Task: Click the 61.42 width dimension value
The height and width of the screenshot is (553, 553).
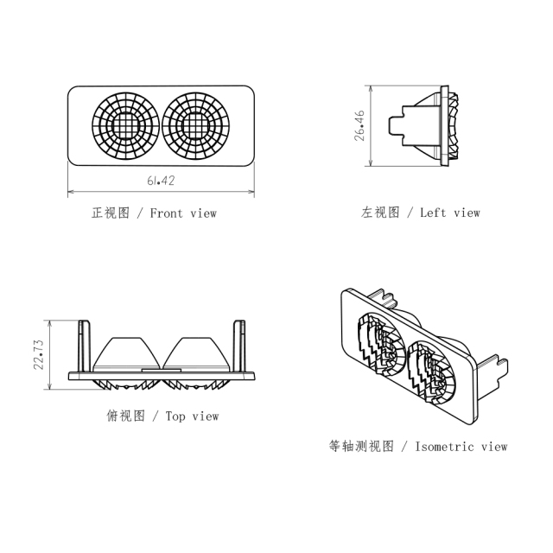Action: click(161, 181)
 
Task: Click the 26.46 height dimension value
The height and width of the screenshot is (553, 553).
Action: click(359, 125)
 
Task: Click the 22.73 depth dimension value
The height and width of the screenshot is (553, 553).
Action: click(38, 354)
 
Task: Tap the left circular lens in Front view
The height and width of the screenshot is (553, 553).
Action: click(125, 125)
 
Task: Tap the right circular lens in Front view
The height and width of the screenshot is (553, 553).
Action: click(196, 125)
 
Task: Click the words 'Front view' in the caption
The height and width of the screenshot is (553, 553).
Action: click(183, 213)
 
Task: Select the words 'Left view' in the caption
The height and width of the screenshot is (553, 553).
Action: click(449, 213)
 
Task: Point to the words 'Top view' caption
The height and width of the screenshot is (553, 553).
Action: click(192, 416)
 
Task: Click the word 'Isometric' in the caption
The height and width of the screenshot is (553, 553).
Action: click(444, 447)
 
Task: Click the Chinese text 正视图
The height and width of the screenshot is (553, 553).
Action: click(111, 213)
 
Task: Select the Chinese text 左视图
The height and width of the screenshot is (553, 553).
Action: click(380, 213)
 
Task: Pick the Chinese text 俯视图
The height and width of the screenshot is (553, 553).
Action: click(126, 416)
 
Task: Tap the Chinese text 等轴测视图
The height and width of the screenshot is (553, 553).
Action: click(361, 447)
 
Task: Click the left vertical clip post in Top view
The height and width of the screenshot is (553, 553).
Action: click(84, 346)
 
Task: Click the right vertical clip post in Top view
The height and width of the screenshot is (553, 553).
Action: click(239, 346)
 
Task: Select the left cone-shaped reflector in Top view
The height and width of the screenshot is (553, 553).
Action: click(127, 353)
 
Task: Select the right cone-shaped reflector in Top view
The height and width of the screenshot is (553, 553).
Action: click(197, 353)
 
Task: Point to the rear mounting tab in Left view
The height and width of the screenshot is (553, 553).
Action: click(397, 125)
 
